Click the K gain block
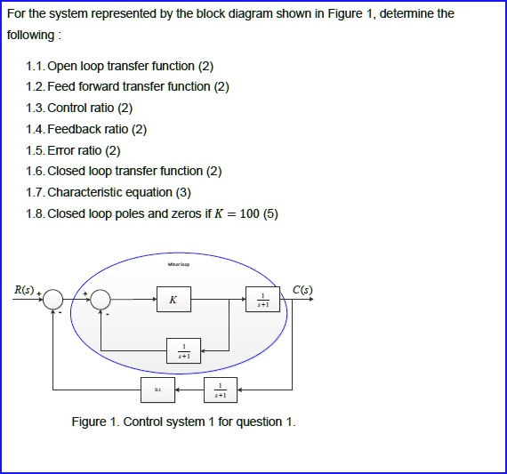coord(173,300)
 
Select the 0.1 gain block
coord(157,390)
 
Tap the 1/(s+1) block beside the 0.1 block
coord(221,390)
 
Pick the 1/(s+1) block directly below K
coord(182,351)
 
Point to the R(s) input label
coord(23,290)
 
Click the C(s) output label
coord(302,290)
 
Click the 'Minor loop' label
coord(178,264)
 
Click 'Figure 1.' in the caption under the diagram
coord(95,422)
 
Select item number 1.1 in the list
coord(36,66)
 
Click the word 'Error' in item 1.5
coord(61,150)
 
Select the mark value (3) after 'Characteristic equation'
coord(183,192)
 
